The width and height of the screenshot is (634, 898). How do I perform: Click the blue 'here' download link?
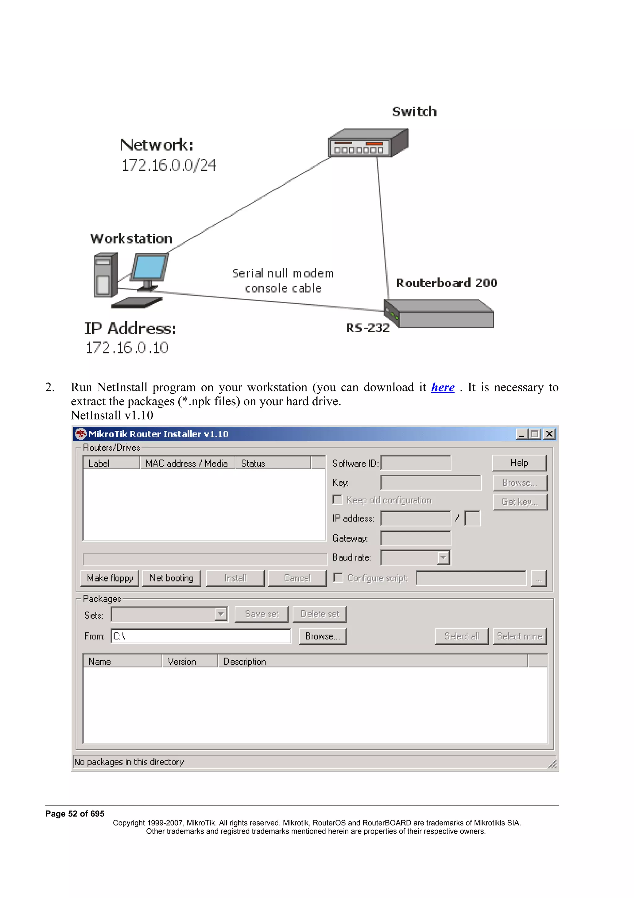[x=443, y=387]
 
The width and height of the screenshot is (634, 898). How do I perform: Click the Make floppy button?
[x=110, y=578]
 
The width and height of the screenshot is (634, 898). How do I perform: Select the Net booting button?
[x=172, y=578]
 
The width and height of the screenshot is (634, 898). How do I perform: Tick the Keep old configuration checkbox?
[x=337, y=500]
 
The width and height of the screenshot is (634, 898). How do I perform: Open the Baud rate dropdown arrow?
[x=443, y=557]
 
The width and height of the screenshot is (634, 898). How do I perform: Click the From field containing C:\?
[x=201, y=636]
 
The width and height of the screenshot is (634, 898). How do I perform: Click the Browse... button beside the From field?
[x=323, y=636]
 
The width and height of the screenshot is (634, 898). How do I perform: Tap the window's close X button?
[x=549, y=434]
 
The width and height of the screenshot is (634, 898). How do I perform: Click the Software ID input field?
[x=416, y=463]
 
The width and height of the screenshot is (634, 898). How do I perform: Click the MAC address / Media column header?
[x=187, y=463]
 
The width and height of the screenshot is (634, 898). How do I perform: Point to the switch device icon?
[x=367, y=143]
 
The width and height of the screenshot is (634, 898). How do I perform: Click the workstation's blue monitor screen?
[x=149, y=267]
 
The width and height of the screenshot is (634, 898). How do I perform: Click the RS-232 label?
[x=367, y=328]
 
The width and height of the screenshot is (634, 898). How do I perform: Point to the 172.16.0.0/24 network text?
[x=169, y=165]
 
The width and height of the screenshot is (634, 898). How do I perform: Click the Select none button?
[x=519, y=636]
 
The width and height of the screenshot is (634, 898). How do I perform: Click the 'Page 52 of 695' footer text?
[x=75, y=813]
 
